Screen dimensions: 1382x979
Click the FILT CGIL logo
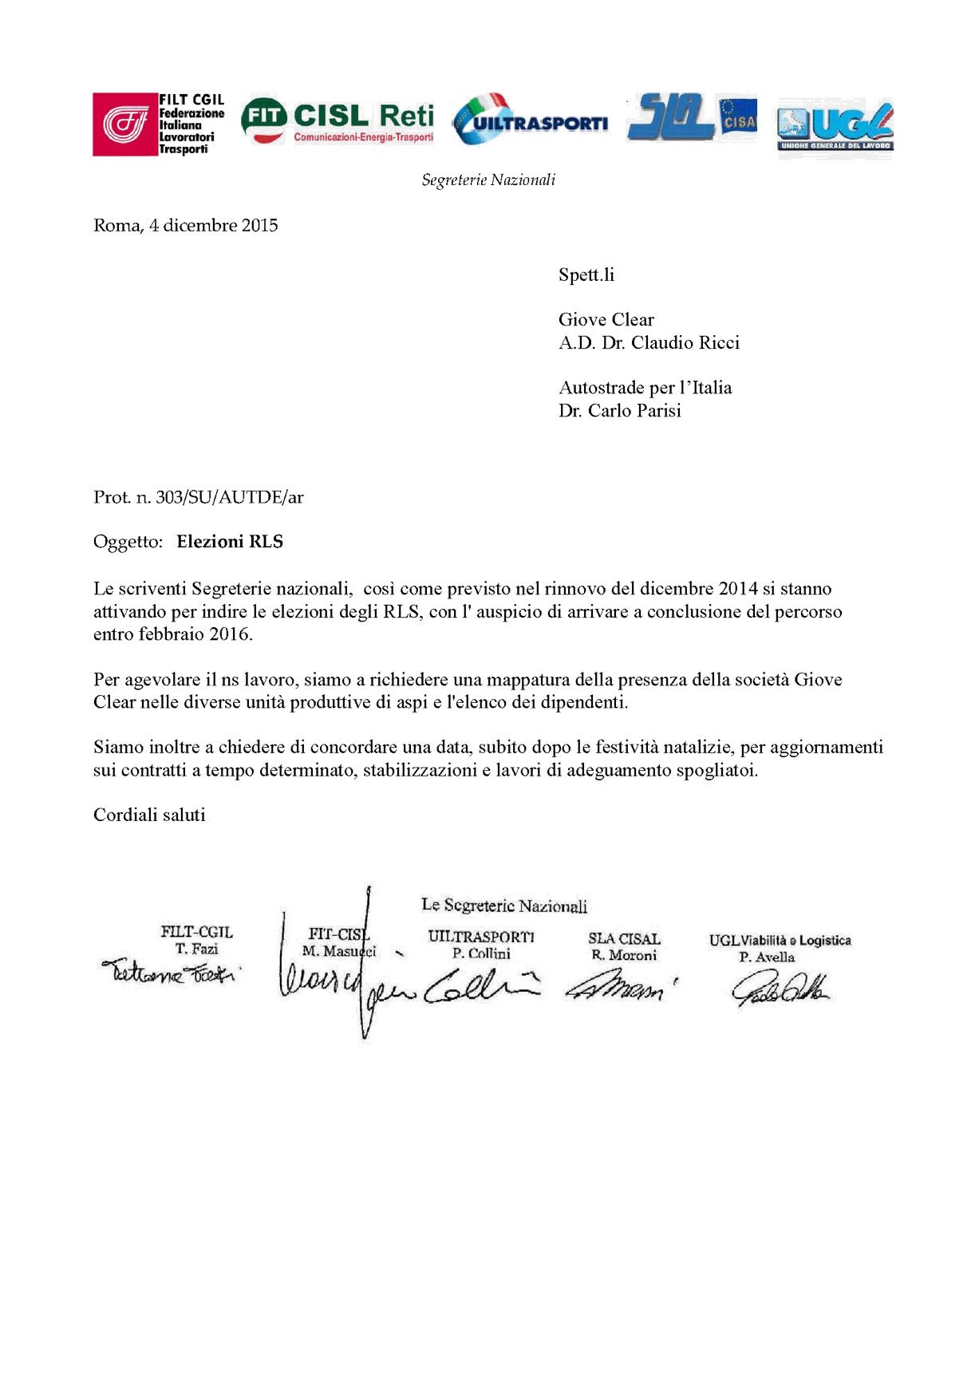[x=158, y=124]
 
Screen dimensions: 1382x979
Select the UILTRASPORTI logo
[x=530, y=120]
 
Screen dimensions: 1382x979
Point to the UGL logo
[x=835, y=128]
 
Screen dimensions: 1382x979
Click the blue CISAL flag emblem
[x=737, y=117]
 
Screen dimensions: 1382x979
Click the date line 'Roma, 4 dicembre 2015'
[x=186, y=226]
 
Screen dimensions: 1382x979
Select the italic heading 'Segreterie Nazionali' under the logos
[x=488, y=180]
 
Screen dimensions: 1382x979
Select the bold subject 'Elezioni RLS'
[x=230, y=542]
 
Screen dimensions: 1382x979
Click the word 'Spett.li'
[x=586, y=275]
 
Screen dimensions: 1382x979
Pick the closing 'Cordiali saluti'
[x=149, y=815]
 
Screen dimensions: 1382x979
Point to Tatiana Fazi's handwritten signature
[x=170, y=973]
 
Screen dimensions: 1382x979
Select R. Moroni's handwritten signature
[x=621, y=988]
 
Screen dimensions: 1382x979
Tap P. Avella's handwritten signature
[x=780, y=989]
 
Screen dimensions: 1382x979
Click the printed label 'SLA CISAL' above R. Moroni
[x=624, y=939]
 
